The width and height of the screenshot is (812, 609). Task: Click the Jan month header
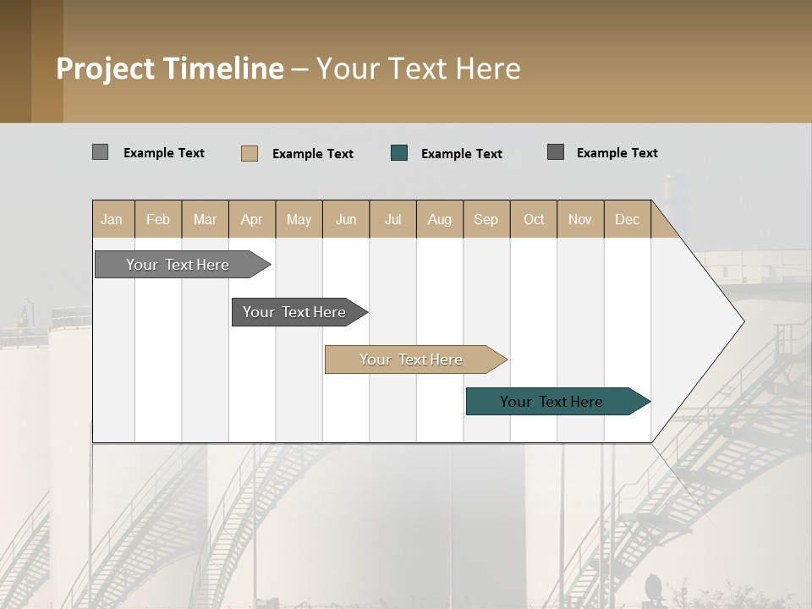[x=112, y=219]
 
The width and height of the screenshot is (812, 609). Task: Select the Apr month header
[x=252, y=219]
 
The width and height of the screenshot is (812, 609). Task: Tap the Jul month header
[x=392, y=219]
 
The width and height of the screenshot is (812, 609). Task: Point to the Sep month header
[x=486, y=219]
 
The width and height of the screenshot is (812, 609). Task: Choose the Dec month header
[x=627, y=219]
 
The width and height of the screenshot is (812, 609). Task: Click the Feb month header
[x=158, y=219]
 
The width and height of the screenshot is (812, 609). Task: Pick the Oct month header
[x=534, y=219]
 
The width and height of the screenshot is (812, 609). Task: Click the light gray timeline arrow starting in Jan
[x=178, y=265]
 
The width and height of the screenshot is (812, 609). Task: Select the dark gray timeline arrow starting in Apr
[x=294, y=312]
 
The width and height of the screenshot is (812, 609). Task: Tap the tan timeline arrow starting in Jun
[x=411, y=359]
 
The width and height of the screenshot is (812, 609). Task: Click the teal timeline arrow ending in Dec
[x=551, y=402]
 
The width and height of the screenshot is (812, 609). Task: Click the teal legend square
[x=399, y=153]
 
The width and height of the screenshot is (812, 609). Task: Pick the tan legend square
[x=250, y=153]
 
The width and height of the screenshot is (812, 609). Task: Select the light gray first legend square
[x=101, y=152]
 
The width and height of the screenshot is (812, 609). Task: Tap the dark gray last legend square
[x=556, y=152]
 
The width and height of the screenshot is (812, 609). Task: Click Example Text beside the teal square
[x=461, y=153]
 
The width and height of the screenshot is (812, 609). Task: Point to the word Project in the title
[x=105, y=69]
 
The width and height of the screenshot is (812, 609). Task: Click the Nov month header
[x=580, y=219]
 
